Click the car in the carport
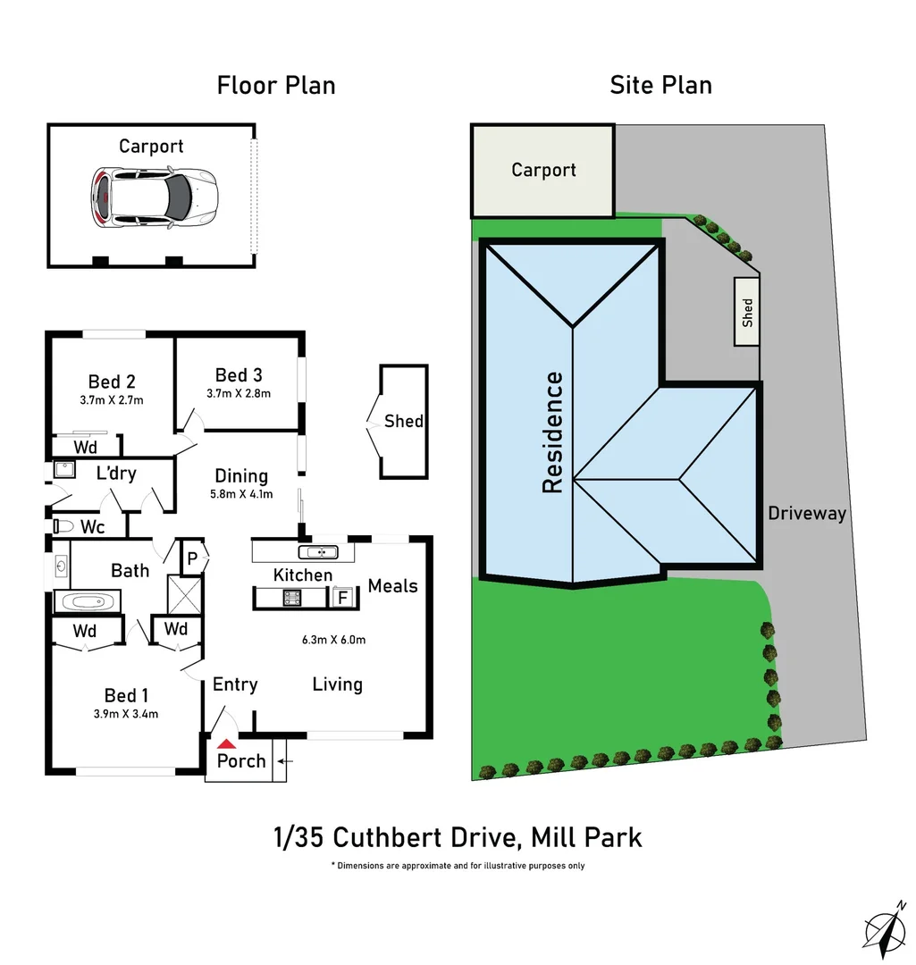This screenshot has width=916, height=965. pyautogui.click(x=154, y=197)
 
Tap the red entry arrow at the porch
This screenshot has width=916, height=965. pyautogui.click(x=228, y=743)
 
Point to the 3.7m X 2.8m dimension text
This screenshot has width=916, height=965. pyautogui.click(x=239, y=393)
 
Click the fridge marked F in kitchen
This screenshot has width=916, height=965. pyautogui.click(x=340, y=598)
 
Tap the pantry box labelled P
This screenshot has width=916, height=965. pyautogui.click(x=192, y=558)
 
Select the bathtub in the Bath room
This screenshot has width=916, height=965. pyautogui.click(x=88, y=600)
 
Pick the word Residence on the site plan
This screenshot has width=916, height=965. pyautogui.click(x=553, y=432)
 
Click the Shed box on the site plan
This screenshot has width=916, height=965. pyautogui.click(x=747, y=311)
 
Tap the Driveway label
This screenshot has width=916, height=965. pyautogui.click(x=807, y=514)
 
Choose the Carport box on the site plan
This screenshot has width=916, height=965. pyautogui.click(x=543, y=170)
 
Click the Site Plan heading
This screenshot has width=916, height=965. pyautogui.click(x=660, y=85)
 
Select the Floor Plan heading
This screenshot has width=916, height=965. pyautogui.click(x=276, y=85)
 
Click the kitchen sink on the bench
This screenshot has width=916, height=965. pyautogui.click(x=317, y=551)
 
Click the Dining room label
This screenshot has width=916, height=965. pyautogui.click(x=241, y=476)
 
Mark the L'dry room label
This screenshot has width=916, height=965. pyautogui.click(x=116, y=473)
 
